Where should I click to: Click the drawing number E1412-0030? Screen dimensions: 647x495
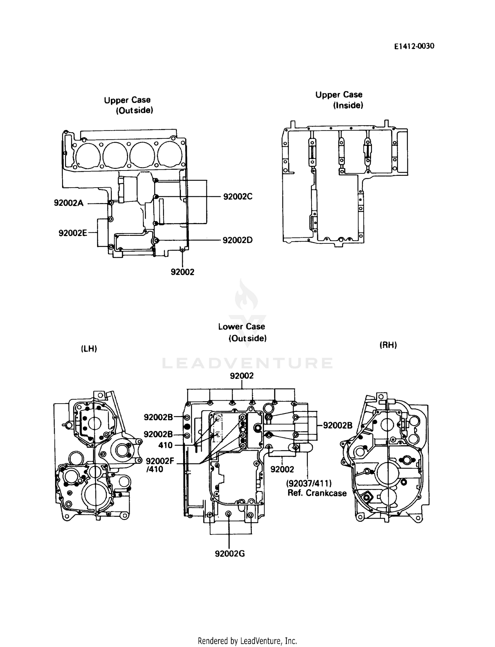tap(414, 46)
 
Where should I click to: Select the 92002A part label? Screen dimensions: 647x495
tap(69, 203)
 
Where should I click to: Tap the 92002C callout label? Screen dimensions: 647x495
tap(238, 197)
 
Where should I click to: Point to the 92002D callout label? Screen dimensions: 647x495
tap(238, 240)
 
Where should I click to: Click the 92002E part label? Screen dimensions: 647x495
tap(73, 233)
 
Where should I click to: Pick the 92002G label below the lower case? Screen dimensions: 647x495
tap(230, 554)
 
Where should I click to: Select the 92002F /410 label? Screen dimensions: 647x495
tap(160, 465)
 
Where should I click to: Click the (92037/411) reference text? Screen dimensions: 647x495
tap(309, 483)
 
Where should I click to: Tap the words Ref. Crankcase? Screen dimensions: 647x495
tap(317, 493)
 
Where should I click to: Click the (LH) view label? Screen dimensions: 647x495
tap(89, 349)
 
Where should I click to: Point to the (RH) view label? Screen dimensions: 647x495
tap(388, 345)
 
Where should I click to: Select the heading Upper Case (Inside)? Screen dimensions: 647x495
tap(339, 100)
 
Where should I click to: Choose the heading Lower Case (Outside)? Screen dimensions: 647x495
tap(242, 332)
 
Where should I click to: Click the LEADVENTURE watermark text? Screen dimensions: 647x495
tap(247, 363)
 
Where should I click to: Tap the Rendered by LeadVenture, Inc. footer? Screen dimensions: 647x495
tap(247, 641)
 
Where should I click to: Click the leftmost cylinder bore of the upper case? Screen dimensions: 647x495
tap(87, 155)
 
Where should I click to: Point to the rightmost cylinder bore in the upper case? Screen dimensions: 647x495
tap(169, 155)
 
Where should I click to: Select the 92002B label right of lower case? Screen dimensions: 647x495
tap(337, 425)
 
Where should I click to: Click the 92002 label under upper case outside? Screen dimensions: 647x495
tap(182, 272)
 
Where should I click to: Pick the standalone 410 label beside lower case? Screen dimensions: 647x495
tap(165, 445)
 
